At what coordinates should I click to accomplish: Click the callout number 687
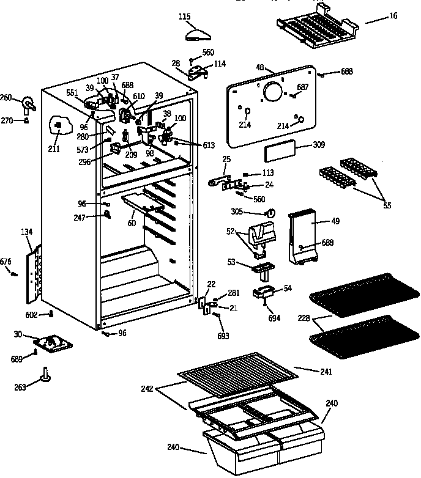click(x=302, y=87)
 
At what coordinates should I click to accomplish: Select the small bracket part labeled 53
click(x=262, y=268)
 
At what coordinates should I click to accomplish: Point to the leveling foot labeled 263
click(x=46, y=375)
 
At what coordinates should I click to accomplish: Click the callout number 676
click(x=6, y=262)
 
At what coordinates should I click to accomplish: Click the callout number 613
click(x=209, y=145)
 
